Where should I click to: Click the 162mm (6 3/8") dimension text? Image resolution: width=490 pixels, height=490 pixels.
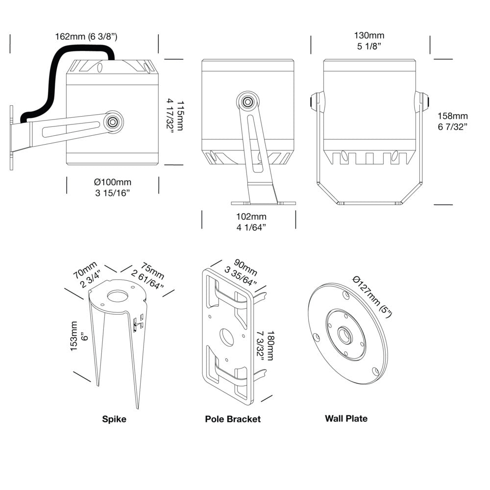tap(86, 36)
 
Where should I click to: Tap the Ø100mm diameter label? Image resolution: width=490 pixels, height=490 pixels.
tap(112, 182)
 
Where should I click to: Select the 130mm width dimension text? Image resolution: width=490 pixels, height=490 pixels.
tap(369, 35)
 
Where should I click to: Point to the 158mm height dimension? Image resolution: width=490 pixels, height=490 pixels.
tap(453, 116)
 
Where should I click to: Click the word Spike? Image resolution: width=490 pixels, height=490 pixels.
tap(114, 419)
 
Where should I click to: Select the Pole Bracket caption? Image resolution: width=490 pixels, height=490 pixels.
tap(233, 419)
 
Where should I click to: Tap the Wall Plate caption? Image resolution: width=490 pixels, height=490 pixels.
tap(346, 418)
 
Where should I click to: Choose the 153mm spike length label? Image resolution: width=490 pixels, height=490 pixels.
tap(74, 336)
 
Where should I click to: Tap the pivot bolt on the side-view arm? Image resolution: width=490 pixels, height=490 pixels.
tap(114, 122)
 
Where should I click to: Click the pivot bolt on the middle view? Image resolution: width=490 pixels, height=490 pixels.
tap(248, 102)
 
